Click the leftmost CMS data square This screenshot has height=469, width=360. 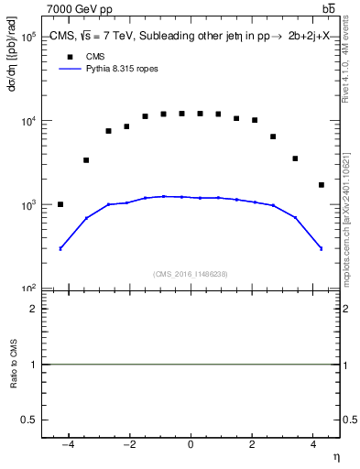(60, 204)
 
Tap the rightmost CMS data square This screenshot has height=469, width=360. (321, 185)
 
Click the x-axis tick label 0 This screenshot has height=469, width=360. (191, 445)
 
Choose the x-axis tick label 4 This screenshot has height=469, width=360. (313, 445)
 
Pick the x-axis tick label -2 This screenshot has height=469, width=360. (128, 445)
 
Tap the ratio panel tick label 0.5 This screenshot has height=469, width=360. (29, 420)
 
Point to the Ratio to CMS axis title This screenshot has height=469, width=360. (14, 365)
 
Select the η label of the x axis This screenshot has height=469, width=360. (335, 456)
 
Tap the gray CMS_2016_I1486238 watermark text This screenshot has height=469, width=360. (190, 274)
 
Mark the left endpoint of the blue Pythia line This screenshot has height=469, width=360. (60, 248)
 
